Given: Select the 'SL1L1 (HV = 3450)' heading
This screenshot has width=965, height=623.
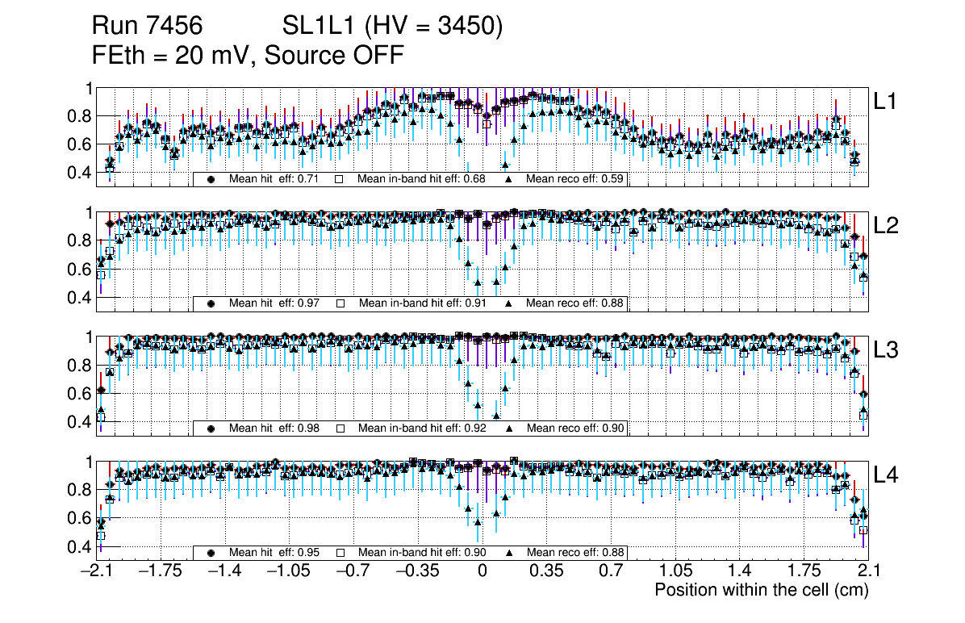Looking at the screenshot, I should pyautogui.click(x=393, y=27).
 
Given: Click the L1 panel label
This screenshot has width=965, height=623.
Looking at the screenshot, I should pyautogui.click(x=884, y=102).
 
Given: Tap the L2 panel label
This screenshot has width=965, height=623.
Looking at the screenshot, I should pyautogui.click(x=886, y=226).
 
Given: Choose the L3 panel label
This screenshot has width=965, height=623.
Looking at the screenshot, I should pyautogui.click(x=886, y=350).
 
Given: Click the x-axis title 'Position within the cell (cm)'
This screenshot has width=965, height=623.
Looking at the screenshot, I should pyautogui.click(x=761, y=590).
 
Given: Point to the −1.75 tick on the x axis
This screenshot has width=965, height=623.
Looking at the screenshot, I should pyautogui.click(x=160, y=571).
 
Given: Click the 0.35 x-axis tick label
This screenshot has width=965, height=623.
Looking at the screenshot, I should pyautogui.click(x=546, y=571).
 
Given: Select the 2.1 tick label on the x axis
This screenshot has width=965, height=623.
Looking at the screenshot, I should pyautogui.click(x=867, y=571).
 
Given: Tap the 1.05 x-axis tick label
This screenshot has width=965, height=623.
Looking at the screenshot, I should pyautogui.click(x=675, y=571).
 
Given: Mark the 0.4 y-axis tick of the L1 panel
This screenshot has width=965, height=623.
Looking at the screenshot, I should pyautogui.click(x=82, y=173).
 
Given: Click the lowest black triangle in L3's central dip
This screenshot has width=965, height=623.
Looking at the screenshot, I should pyautogui.click(x=496, y=416).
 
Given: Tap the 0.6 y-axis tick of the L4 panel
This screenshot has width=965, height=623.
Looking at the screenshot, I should pyautogui.click(x=82, y=518).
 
